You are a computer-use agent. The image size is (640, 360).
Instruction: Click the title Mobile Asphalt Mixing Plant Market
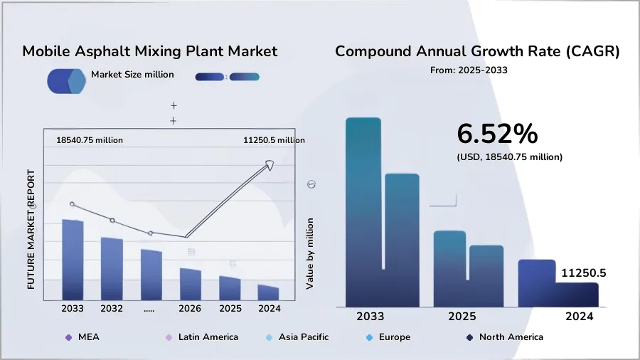click(x=149, y=51)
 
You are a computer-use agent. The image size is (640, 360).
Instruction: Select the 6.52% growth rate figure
click(x=497, y=134)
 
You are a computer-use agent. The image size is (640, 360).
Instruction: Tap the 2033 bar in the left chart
click(x=73, y=260)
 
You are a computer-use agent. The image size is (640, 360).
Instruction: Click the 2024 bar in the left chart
click(x=268, y=292)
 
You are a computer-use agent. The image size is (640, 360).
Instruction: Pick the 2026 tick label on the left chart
click(x=190, y=309)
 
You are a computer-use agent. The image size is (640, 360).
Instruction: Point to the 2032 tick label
click(x=112, y=309)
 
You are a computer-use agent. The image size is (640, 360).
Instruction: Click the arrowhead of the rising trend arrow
click(x=269, y=165)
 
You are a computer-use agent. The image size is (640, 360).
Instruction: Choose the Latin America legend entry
click(x=201, y=337)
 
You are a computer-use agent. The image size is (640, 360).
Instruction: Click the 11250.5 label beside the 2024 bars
click(x=583, y=272)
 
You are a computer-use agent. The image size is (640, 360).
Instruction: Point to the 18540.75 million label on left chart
click(x=90, y=141)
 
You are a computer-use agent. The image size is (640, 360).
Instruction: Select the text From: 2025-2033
click(x=469, y=70)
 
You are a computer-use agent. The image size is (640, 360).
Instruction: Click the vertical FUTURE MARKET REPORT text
click(x=31, y=228)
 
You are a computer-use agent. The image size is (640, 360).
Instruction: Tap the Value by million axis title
click(x=310, y=253)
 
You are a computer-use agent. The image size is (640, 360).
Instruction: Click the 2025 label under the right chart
click(x=462, y=316)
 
